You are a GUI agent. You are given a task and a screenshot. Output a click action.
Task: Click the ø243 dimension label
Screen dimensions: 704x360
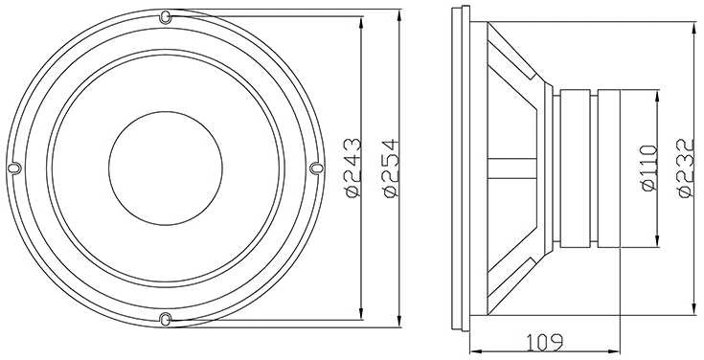point(353,168)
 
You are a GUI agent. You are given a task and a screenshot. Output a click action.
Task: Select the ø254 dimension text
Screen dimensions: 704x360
point(392,168)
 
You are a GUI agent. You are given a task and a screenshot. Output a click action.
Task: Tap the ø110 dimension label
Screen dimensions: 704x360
point(649,168)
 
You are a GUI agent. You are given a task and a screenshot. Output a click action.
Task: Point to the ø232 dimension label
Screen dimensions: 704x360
point(687,168)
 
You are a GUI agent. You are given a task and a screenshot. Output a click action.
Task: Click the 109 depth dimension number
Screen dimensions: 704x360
point(544,343)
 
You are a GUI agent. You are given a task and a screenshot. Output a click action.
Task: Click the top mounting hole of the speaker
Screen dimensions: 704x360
point(165,17)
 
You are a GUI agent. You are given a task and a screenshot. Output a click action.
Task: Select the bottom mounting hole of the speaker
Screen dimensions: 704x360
point(165,319)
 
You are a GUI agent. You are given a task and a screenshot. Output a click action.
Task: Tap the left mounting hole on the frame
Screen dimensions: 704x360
point(14,168)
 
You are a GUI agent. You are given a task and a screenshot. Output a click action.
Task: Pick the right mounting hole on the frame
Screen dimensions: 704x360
point(316,168)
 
